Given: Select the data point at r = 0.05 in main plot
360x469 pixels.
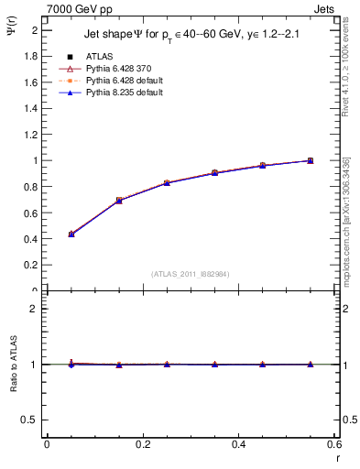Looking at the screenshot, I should coord(71,234).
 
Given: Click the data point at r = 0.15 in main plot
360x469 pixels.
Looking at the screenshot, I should coord(119,200).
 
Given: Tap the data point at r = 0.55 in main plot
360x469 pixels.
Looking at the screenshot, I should coord(311,160).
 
